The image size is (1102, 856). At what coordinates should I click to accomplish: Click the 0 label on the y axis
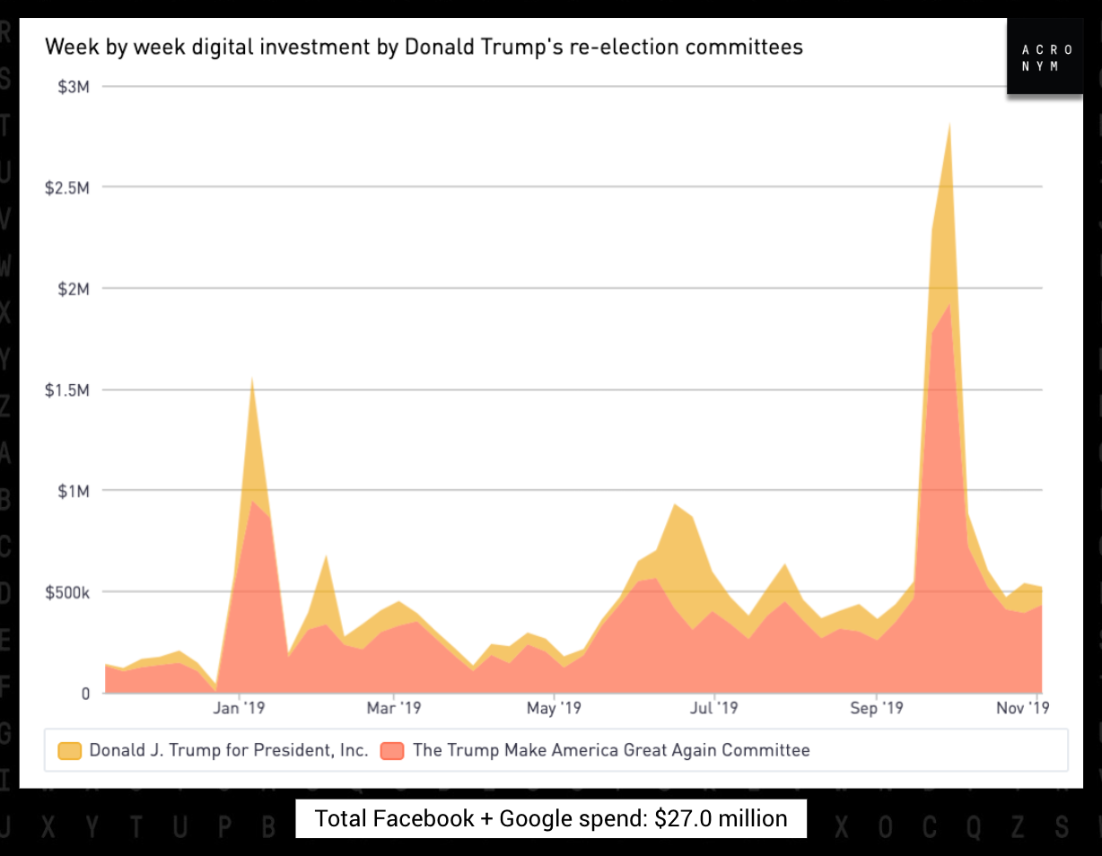(x=86, y=694)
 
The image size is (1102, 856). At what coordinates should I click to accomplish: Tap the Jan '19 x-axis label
(x=240, y=709)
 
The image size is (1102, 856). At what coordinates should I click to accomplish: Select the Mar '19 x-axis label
(x=394, y=709)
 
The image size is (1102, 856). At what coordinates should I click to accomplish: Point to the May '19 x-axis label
(x=554, y=709)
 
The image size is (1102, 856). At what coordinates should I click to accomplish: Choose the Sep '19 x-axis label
(x=877, y=709)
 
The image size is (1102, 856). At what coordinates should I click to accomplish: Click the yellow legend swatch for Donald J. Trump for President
(x=69, y=751)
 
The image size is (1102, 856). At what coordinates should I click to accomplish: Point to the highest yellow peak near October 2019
(x=949, y=125)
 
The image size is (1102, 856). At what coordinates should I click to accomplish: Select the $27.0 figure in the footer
(x=679, y=818)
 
